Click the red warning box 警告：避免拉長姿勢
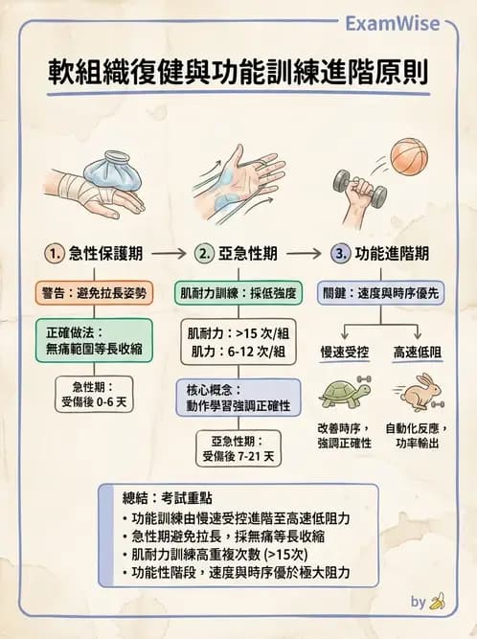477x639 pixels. pos(94,292)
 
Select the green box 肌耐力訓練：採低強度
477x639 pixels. pos(238,292)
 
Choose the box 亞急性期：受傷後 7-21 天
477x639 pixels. pos(238,448)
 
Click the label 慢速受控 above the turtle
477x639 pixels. pos(344,354)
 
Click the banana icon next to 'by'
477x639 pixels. pos(438,602)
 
